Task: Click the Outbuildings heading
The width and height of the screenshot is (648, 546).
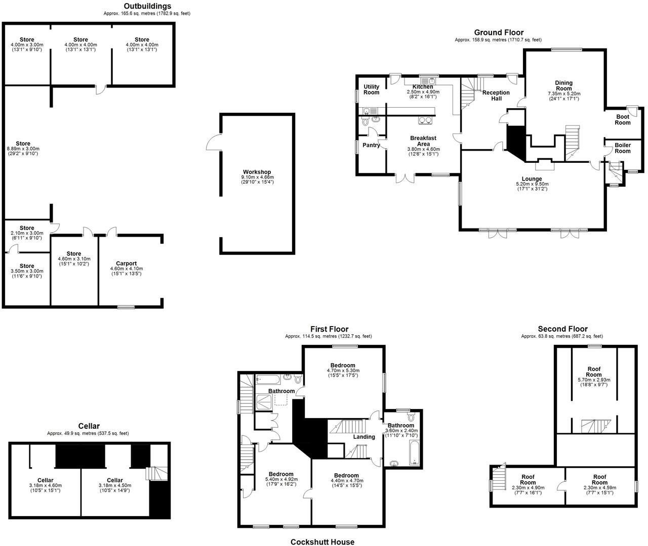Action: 146,6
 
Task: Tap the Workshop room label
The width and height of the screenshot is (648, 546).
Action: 257,172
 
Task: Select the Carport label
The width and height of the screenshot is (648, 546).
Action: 127,263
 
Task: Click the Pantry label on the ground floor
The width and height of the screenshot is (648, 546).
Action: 371,145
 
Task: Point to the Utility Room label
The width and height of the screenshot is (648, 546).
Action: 371,89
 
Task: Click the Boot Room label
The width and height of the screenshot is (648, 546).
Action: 623,119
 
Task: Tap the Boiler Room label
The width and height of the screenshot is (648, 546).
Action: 623,148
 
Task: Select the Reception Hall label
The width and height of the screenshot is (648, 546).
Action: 496,95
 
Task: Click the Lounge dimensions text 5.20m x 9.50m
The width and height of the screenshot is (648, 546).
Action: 532,184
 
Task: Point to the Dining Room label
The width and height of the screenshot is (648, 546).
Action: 563,85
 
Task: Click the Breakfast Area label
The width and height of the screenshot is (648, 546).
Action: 423,141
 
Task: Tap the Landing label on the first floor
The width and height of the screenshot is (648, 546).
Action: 364,437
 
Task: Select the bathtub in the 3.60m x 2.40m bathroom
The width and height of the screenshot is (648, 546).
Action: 414,452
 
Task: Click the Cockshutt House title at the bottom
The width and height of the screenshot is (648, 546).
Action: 322,542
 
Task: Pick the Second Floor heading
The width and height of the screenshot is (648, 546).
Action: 562,329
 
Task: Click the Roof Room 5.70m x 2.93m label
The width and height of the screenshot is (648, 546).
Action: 594,372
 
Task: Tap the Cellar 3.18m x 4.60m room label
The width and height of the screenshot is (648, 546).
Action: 45,480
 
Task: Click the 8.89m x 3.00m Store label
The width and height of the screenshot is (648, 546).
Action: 23,144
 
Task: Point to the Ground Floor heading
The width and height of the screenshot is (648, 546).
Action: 498,32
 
